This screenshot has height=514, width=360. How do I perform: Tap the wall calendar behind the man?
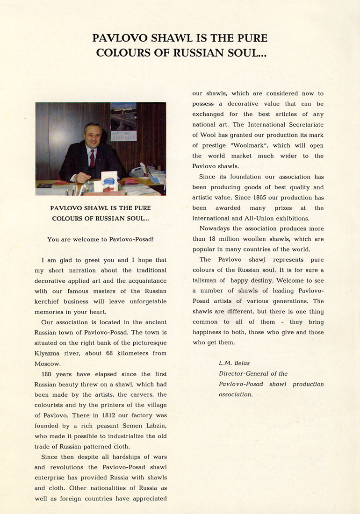[123, 121]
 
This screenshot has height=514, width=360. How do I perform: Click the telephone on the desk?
[137, 171]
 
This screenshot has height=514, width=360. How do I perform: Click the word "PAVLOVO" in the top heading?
[119, 38]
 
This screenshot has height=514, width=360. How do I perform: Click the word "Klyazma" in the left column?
[49, 354]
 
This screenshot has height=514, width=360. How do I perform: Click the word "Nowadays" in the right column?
[216, 228]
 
